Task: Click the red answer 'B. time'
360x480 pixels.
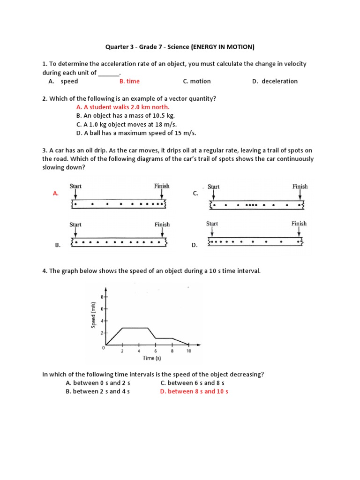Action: coord(129,81)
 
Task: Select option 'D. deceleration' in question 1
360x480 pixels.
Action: coord(275,81)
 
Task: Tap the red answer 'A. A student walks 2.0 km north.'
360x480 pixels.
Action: coord(123,107)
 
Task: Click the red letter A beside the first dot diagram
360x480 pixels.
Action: coord(56,193)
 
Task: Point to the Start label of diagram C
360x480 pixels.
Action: coord(213,187)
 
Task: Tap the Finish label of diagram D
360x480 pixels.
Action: coord(299,224)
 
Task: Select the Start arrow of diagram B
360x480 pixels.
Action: coord(75,233)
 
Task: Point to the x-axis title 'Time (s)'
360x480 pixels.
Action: coord(152,358)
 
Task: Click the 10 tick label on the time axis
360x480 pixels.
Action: coord(188,351)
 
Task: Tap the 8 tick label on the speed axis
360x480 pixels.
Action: coord(102,297)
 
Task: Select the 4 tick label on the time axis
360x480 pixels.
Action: coord(139,351)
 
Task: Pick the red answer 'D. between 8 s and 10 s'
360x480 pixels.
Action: coord(194,391)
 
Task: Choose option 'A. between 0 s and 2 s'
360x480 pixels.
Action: coord(97,383)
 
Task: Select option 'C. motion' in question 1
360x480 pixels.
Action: coord(197,81)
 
